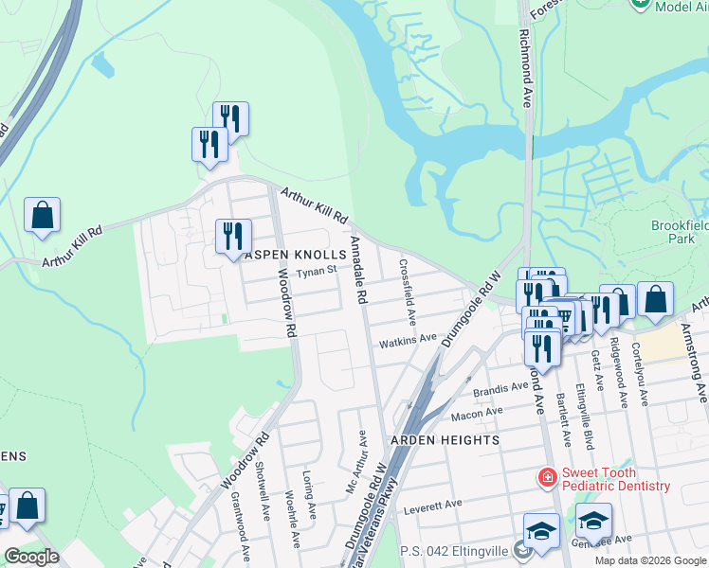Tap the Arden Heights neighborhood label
(444, 440)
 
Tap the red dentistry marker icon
(547, 478)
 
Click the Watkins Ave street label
(408, 338)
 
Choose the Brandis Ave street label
(500, 388)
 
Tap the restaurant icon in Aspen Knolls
(233, 237)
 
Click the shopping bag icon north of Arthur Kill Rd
(43, 215)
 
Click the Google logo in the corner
(31, 557)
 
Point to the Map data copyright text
(650, 560)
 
